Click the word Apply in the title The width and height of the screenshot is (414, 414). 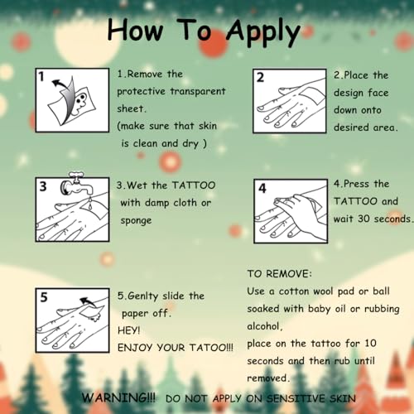click(x=263, y=32)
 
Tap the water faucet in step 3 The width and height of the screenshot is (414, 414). click(x=77, y=184)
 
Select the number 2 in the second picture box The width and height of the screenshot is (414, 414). click(x=260, y=78)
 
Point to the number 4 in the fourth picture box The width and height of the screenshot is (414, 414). click(x=262, y=188)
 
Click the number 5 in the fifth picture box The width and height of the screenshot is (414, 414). click(x=44, y=297)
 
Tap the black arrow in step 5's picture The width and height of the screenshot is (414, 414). click(x=88, y=302)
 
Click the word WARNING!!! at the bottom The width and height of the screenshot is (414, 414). click(x=118, y=397)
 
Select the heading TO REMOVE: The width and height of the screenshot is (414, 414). click(x=279, y=274)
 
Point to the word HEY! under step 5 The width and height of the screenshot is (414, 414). click(x=129, y=330)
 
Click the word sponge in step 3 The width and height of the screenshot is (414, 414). click(x=136, y=221)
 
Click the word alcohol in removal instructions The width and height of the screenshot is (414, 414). click(x=263, y=326)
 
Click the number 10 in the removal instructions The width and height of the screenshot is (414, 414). click(x=370, y=344)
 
